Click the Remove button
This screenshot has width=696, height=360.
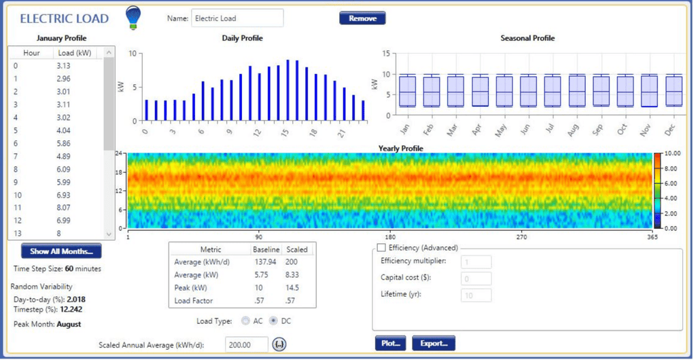coord(362,18)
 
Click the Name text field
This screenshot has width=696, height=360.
coord(237,18)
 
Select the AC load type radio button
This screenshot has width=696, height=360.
coord(245,321)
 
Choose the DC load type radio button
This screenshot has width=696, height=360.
coord(274,321)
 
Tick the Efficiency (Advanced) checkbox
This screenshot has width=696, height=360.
coord(381,248)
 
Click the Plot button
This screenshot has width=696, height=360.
coord(390,344)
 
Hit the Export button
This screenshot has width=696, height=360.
coord(433,344)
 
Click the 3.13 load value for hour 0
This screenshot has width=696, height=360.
coord(64,66)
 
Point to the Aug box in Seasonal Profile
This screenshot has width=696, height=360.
coord(577,90)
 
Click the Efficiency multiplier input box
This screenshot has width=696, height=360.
coord(476,262)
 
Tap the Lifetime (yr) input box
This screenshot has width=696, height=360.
coord(476,295)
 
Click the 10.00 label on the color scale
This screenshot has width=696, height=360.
coord(672,154)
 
